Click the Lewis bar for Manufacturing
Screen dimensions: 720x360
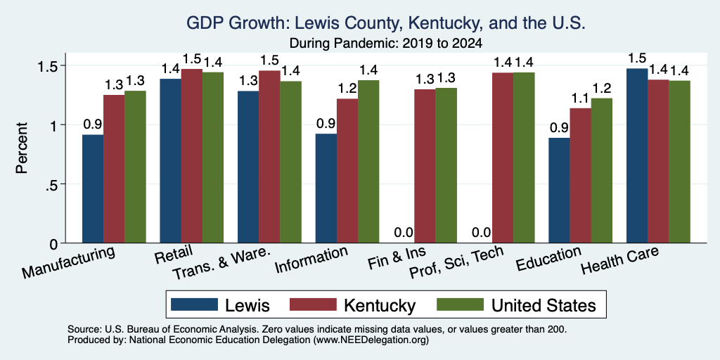[93, 188]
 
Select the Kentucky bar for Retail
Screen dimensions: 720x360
[191, 155]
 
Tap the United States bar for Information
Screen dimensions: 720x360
[368, 162]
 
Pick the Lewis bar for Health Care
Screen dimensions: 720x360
[637, 155]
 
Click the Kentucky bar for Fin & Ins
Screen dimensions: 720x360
[425, 166]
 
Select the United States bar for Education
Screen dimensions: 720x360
[602, 170]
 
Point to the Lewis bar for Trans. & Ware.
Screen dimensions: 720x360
[248, 167]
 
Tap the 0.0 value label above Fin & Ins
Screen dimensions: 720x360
[404, 233]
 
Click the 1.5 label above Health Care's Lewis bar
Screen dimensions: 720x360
[637, 58]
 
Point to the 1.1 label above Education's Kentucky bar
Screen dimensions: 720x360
[580, 98]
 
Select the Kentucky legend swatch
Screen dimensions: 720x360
[312, 304]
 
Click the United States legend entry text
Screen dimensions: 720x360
[544, 305]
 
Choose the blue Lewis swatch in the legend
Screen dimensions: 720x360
[194, 304]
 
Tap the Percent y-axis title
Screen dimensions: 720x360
[22, 148]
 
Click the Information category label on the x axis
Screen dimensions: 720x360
[311, 259]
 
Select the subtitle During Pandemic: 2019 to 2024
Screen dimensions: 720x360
[386, 44]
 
